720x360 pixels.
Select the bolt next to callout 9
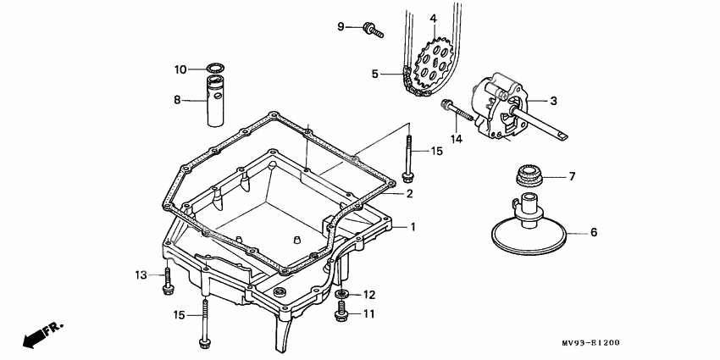point(373,30)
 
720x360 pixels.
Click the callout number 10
point(180,69)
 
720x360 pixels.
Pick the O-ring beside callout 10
point(218,69)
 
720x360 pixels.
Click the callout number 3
point(553,101)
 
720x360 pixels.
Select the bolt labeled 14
point(457,111)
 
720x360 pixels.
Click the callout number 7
point(572,177)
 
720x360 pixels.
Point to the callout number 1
point(413,227)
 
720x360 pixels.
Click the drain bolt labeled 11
point(342,315)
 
